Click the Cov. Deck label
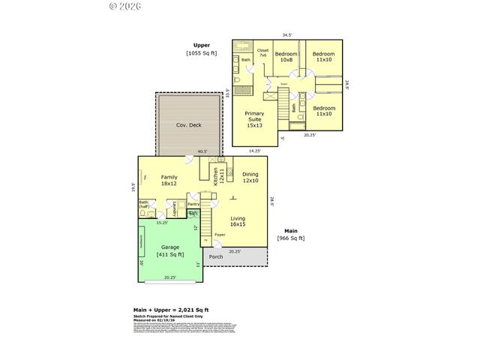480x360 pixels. (x=189, y=126)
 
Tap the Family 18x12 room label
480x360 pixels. (x=169, y=180)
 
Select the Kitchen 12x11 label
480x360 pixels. (x=216, y=176)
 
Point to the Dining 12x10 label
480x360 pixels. (x=250, y=177)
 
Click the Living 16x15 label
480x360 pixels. (x=238, y=220)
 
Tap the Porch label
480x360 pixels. (x=216, y=257)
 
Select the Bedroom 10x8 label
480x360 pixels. (x=286, y=57)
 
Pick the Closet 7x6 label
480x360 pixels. (x=262, y=53)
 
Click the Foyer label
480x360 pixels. (x=220, y=235)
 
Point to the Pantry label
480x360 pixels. (x=193, y=204)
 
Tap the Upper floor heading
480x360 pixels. (x=202, y=45)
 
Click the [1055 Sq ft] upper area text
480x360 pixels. (x=202, y=53)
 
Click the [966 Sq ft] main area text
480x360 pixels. (x=290, y=238)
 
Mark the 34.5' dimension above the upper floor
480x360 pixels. (x=287, y=35)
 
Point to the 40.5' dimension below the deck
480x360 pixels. (x=202, y=152)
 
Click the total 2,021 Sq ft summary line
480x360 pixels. (x=170, y=310)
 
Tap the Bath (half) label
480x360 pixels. (x=143, y=204)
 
